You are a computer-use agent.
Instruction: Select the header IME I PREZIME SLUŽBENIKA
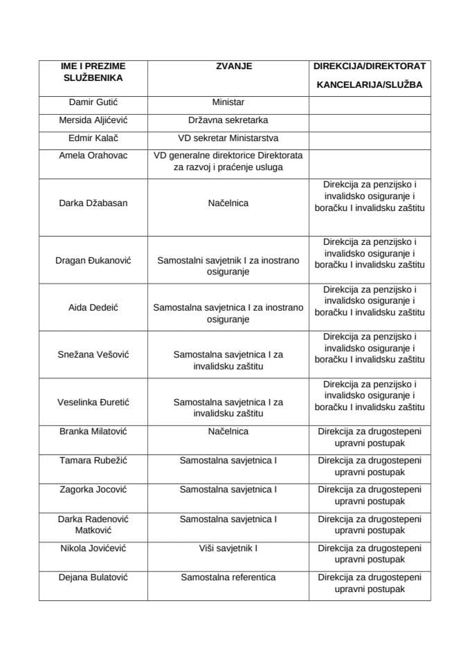point(93,72)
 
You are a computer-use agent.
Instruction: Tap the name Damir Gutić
point(93,102)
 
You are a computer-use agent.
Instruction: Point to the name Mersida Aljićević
point(93,120)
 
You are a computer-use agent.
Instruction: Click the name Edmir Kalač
point(93,138)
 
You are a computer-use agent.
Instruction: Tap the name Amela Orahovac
point(93,156)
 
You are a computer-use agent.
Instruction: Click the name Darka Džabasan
point(93,203)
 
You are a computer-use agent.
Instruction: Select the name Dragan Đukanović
point(93,261)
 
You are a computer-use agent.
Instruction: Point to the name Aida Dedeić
point(93,308)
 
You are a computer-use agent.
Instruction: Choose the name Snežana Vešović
point(93,355)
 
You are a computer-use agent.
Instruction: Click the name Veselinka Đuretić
point(93,402)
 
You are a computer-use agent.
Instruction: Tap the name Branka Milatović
point(93,432)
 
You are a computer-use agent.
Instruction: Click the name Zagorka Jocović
point(93,490)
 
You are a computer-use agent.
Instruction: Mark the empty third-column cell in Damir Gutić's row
point(370,102)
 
